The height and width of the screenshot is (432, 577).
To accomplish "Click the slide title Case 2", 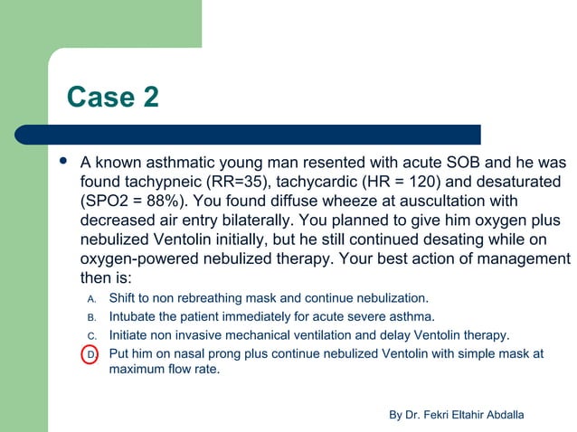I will [x=113, y=97].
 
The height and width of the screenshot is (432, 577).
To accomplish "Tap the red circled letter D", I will [x=91, y=354].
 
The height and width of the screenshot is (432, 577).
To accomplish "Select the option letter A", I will [x=91, y=298].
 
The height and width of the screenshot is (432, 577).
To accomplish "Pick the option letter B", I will [x=91, y=317].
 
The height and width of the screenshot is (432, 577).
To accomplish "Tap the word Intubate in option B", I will [x=134, y=317].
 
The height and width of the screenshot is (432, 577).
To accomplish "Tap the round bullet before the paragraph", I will [x=62, y=163].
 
